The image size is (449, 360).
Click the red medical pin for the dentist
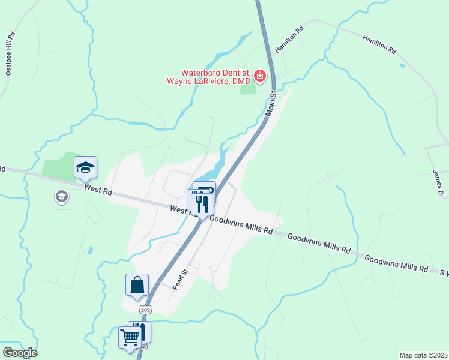pos(260,76)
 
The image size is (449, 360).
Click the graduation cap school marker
pos(86,167)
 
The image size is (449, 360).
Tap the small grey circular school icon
pos(61,196)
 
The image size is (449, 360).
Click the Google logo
pos(19,353)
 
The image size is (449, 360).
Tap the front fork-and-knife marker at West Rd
pos(202,205)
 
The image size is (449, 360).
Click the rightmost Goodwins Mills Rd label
pos(396,263)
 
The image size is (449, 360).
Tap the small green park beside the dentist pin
pos(247,89)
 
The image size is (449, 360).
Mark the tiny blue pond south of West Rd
pos(89,250)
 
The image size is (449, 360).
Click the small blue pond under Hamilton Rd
pos(402,65)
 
